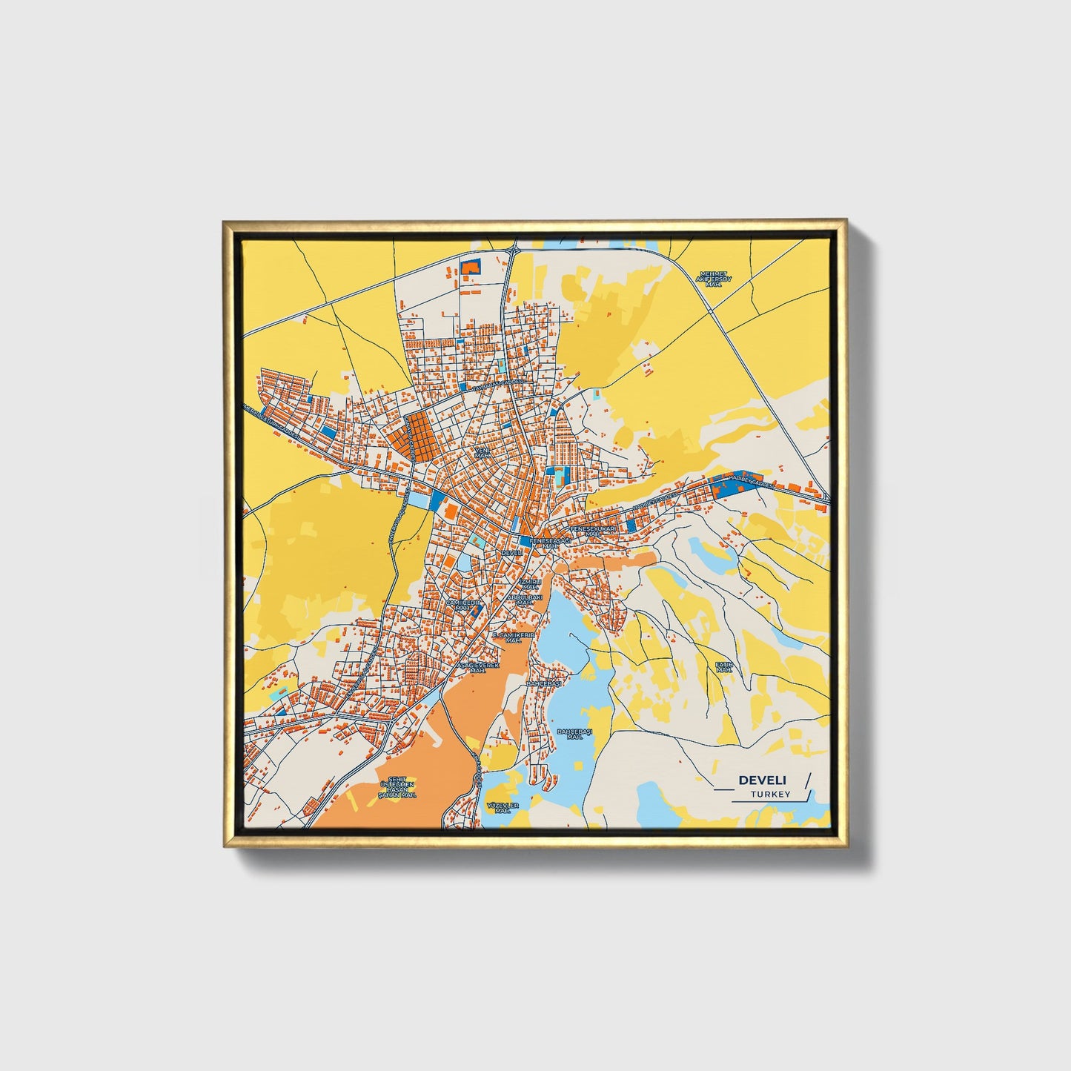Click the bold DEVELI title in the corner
[763, 780]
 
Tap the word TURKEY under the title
[770, 794]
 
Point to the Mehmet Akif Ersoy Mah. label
[714, 279]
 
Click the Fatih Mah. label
[723, 666]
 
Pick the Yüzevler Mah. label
[503, 807]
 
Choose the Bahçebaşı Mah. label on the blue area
[574, 733]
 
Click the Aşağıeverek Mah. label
[477, 668]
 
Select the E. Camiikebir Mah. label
[514, 637]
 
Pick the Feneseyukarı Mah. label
[593, 531]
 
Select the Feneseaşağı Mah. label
[550, 543]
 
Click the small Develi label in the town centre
[512, 553]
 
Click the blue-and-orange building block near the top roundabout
[471, 267]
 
